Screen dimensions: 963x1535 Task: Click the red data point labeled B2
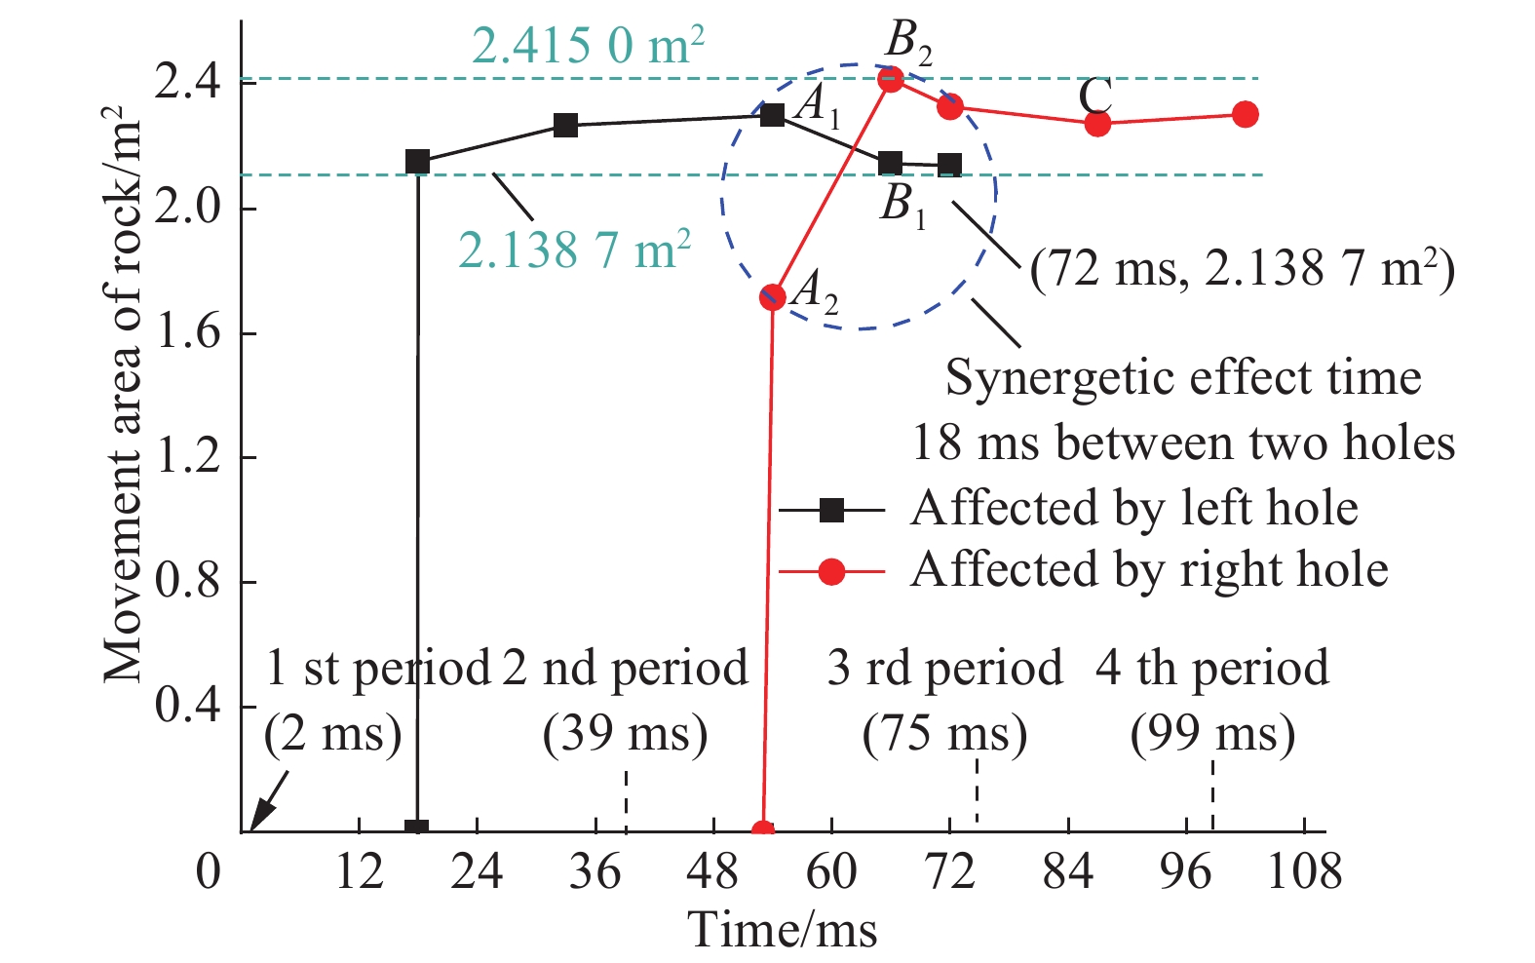890,79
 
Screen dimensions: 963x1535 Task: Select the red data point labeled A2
772,296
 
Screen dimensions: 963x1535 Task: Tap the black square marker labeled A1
772,115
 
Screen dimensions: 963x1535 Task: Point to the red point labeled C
1097,124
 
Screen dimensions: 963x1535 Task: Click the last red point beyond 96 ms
1245,114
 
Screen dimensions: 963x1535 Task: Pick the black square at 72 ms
949,166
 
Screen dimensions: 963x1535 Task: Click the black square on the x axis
417,829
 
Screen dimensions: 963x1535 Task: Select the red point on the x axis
763,830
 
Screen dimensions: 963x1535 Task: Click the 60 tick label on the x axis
831,870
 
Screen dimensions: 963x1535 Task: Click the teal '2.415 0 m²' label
589,45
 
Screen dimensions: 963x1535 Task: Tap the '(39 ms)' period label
625,734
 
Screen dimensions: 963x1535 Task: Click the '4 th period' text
1211,669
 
